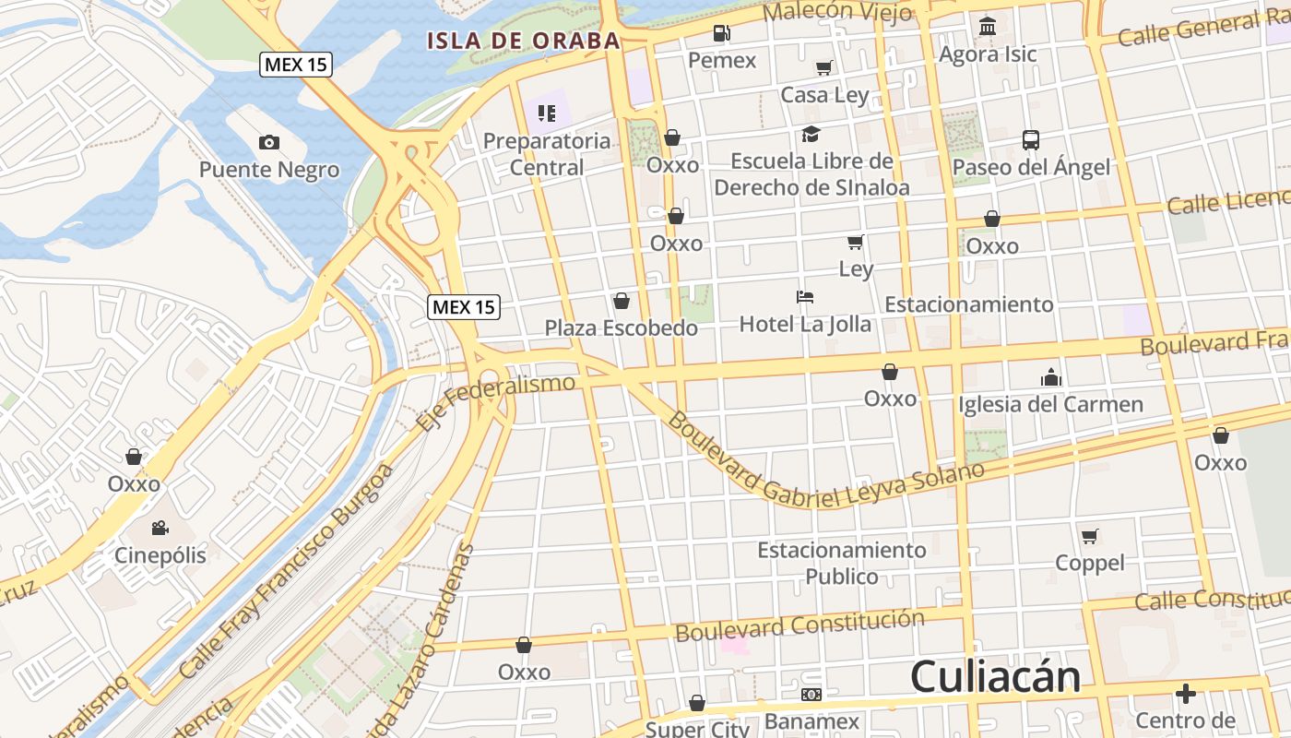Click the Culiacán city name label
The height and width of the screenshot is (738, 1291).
point(995,677)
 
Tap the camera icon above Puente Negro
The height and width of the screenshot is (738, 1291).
point(269,142)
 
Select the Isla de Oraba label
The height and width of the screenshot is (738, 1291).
point(523,41)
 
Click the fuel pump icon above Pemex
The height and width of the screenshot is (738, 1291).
point(721,34)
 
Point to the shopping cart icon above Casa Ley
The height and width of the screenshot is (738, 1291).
point(823,67)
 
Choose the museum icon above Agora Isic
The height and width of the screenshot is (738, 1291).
point(988,26)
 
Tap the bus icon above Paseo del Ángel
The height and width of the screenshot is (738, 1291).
point(1031,140)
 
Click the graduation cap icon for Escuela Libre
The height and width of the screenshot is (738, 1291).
point(811,135)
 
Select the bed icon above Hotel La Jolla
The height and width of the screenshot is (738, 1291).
point(805,297)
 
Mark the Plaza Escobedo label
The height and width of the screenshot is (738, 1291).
point(621,327)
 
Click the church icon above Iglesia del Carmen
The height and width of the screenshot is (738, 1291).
point(1050,377)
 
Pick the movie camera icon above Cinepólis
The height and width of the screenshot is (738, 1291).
point(160,529)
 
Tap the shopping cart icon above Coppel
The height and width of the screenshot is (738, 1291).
point(1090,536)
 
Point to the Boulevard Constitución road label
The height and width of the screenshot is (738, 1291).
point(799,625)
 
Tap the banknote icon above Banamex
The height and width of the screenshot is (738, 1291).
point(811,695)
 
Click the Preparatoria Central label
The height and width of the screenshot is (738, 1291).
point(547,154)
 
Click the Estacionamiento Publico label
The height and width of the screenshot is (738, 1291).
point(841,563)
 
